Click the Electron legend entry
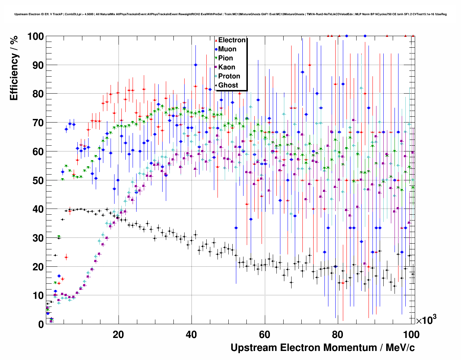coord(232,40)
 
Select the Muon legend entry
coord(227,49)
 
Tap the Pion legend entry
coord(225,58)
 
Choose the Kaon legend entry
coord(227,67)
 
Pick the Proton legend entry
coord(229,76)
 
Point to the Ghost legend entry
coord(228,85)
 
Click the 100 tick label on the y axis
coord(35,37)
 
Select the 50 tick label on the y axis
coord(38,180)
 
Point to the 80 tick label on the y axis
coord(38,94)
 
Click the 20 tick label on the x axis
coord(118,334)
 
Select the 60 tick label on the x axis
coord(265,334)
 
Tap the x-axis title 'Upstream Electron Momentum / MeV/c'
coord(323,348)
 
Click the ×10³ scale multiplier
coord(426,320)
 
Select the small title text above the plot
coord(231,14)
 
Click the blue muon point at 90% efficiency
coord(195,65)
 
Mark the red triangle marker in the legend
coord(216,40)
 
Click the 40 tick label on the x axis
coord(191,334)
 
